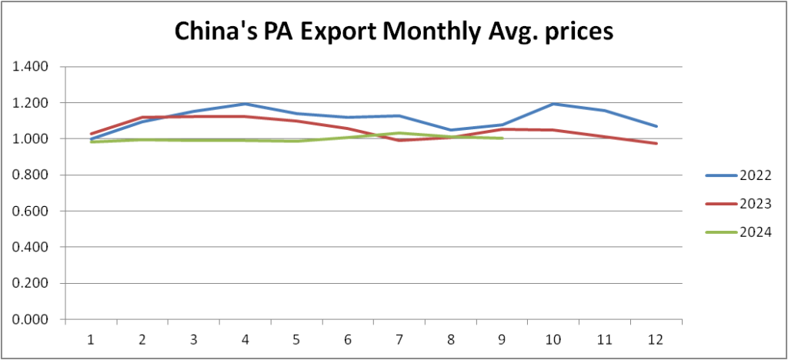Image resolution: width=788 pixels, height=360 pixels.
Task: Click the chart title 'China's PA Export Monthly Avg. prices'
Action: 394,32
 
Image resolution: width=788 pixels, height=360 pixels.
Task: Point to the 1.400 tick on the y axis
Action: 32,67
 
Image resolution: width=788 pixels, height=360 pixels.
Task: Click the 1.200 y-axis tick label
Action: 32,103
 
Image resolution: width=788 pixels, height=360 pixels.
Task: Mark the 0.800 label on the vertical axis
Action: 32,175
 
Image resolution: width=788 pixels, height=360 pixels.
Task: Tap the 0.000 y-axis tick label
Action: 32,319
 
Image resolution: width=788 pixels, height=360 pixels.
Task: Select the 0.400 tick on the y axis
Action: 32,248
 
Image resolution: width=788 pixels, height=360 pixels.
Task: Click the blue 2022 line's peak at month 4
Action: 245,104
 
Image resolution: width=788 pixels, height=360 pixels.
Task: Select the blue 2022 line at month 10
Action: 554,104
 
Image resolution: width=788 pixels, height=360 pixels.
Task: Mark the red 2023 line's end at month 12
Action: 656,144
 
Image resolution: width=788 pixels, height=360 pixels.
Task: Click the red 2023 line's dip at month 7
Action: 399,140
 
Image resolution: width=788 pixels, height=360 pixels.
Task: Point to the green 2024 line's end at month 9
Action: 503,138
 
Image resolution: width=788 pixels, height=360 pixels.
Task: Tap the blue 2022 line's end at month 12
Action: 656,126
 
